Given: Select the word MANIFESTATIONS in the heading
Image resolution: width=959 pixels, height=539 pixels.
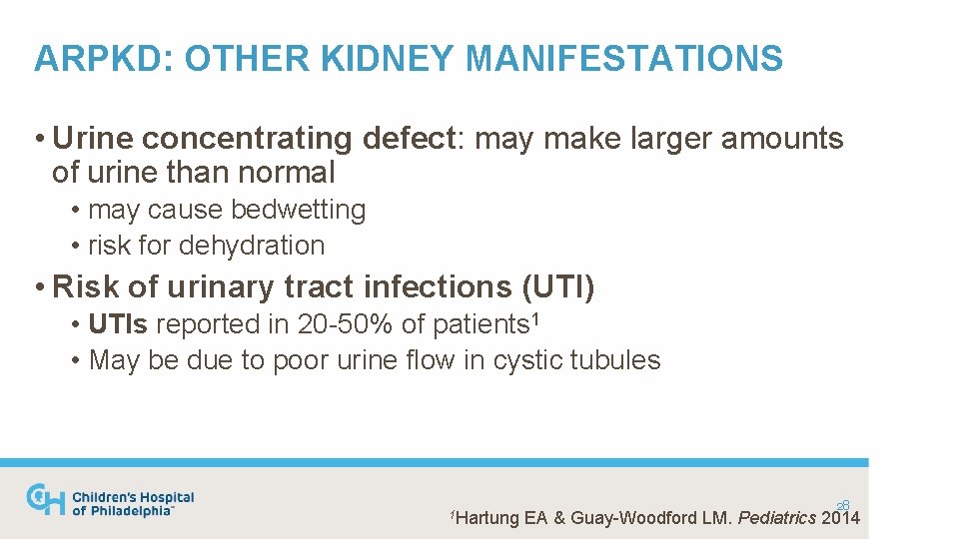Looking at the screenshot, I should pos(624,59).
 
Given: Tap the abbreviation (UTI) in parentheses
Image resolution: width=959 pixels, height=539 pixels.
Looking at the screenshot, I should pos(558,287).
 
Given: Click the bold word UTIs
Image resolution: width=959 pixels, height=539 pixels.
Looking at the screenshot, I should pos(119,324).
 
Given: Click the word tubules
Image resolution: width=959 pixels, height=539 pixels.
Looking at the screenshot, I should pos(615,359).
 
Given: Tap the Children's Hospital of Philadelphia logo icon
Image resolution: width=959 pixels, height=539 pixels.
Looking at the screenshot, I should pos(46,499).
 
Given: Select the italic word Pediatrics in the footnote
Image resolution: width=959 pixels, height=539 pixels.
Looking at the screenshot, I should pos(776,518).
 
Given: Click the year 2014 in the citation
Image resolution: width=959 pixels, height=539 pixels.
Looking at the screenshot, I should pos(840,518).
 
